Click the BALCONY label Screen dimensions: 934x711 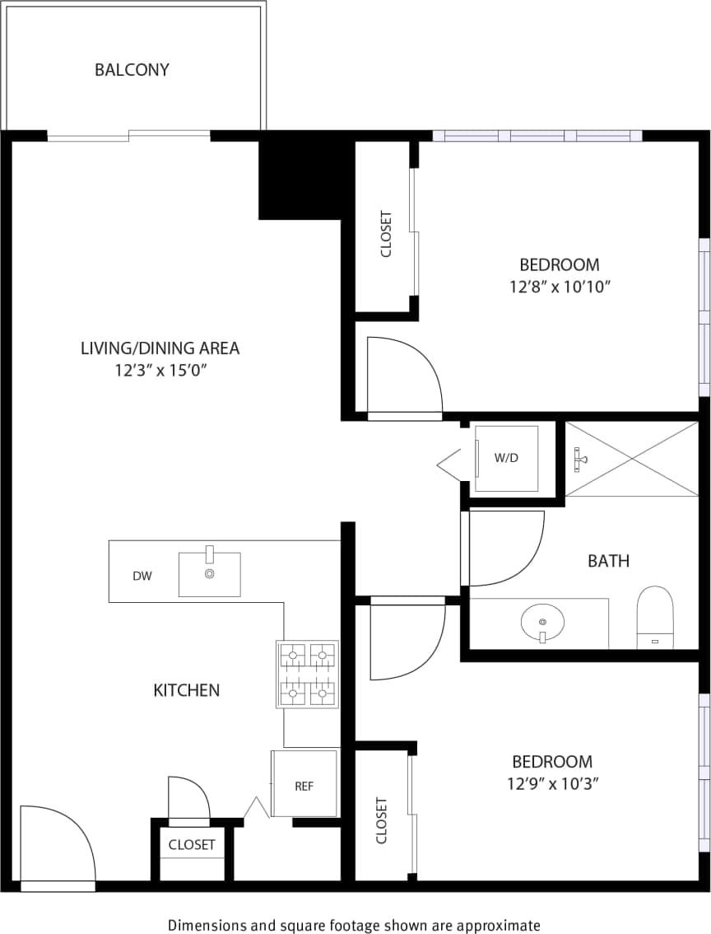tap(132, 70)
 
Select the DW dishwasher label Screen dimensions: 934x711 tap(142, 577)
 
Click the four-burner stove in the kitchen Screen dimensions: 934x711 tap(308, 675)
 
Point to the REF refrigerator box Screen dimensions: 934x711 tap(304, 785)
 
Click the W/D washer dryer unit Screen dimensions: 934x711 tap(506, 459)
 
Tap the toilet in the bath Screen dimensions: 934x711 tap(655, 615)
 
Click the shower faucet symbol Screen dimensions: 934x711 tap(580, 459)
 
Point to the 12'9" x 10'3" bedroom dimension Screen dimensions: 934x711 tap(552, 784)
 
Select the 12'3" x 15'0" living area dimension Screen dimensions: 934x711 tap(160, 371)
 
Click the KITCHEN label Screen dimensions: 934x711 tap(187, 690)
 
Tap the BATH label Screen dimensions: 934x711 tap(608, 561)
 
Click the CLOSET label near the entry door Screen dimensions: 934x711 tap(192, 844)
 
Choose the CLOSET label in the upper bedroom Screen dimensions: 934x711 tap(386, 235)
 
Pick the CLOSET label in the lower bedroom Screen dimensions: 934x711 tap(382, 820)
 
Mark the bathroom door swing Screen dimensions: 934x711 tap(504, 547)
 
